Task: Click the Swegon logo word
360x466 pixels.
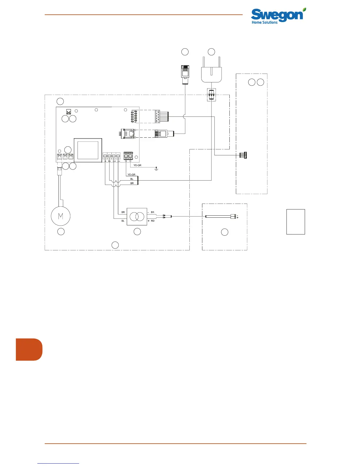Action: click(276, 15)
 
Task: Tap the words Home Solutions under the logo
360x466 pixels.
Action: click(264, 22)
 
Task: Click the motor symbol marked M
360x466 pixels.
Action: click(61, 216)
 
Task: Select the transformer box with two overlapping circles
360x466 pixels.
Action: click(137, 217)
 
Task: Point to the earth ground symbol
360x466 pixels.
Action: click(156, 169)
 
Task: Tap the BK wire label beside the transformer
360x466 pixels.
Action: click(152, 212)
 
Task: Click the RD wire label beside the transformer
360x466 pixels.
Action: click(153, 221)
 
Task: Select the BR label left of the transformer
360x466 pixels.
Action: click(123, 212)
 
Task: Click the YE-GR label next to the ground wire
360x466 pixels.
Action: click(137, 165)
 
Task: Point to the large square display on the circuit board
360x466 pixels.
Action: click(88, 150)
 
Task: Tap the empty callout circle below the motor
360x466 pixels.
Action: click(61, 232)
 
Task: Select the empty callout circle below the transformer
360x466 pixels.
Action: click(137, 232)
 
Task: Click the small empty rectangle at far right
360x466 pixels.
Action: click(296, 222)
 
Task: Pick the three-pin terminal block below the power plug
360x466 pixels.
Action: click(211, 95)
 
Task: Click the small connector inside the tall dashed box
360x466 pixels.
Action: click(243, 155)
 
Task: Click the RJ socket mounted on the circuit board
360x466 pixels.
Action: click(129, 133)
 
